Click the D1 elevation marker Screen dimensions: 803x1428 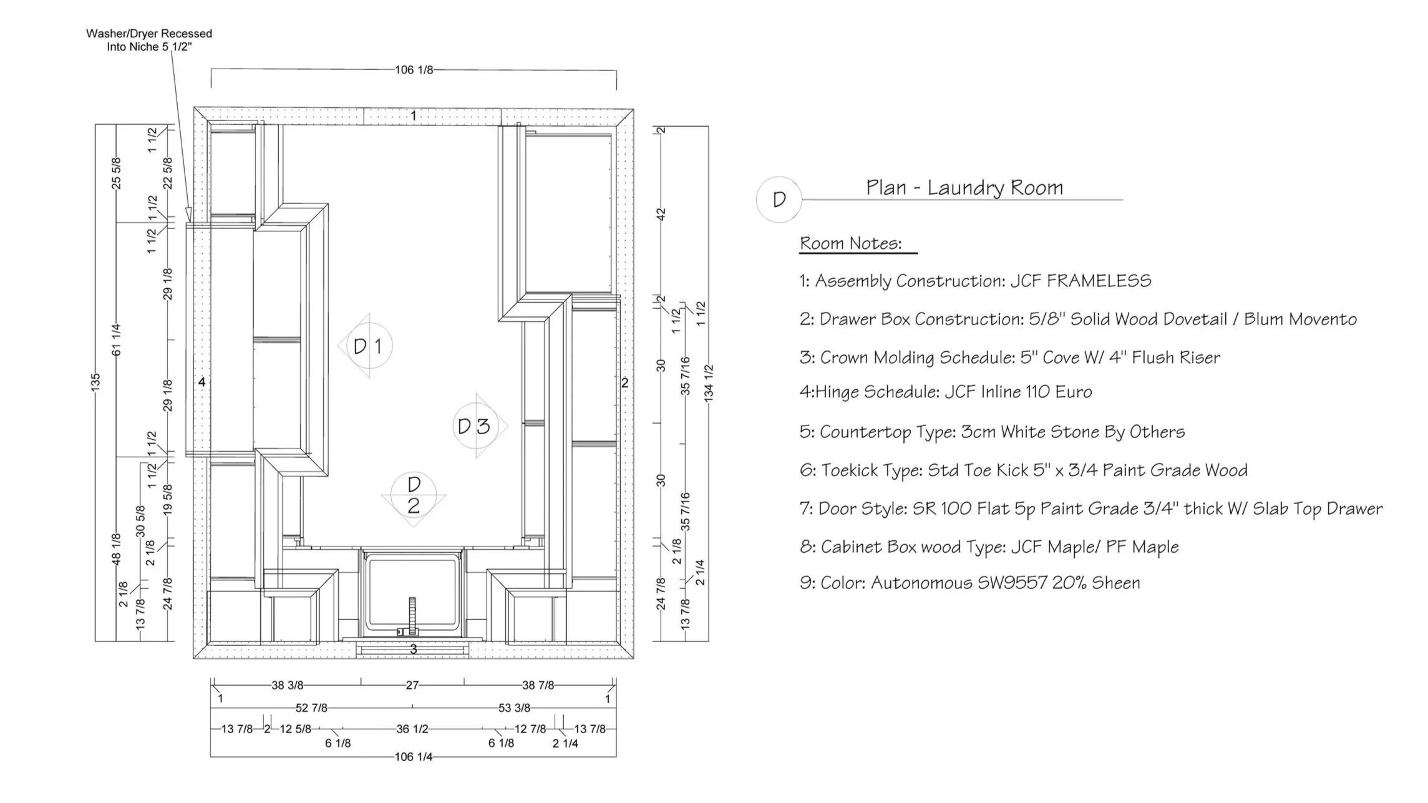[367, 346]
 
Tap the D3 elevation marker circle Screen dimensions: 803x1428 [474, 426]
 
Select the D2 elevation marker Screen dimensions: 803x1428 [414, 495]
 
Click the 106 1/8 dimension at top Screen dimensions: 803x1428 [414, 70]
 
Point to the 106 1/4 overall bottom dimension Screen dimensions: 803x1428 [413, 757]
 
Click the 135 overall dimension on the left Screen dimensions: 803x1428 [95, 382]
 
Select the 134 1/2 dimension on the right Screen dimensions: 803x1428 [709, 382]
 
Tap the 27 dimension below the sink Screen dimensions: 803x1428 [412, 685]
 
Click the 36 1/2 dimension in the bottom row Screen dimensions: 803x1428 [412, 729]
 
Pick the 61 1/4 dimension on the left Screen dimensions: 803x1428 [117, 340]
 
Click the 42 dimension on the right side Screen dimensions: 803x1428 [661, 213]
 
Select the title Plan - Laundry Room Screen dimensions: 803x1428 [964, 187]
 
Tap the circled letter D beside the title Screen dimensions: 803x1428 [779, 200]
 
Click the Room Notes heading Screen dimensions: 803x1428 [850, 243]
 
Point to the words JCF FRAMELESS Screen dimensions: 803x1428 [1081, 281]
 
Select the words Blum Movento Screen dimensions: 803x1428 [1300, 319]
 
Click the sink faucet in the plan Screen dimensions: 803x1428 [412, 615]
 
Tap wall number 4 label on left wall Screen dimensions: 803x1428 [202, 382]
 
